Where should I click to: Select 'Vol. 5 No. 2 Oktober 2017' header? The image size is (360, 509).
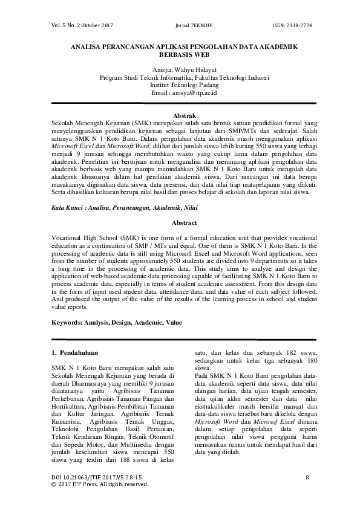click(x=79, y=25)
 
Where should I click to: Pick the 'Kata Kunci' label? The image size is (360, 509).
click(x=66, y=207)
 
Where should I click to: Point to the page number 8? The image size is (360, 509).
click(x=307, y=478)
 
